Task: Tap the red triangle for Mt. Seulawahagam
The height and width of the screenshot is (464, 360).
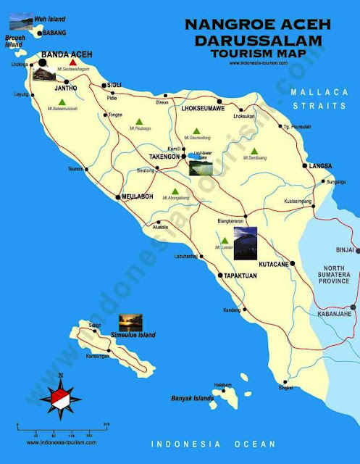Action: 73,64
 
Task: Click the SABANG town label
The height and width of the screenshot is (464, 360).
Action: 54,33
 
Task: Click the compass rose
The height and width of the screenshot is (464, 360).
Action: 61,397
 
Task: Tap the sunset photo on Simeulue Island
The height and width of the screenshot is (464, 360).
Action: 130,320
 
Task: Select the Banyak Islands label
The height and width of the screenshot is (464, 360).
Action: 192,398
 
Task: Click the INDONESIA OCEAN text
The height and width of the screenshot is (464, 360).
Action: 213,443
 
